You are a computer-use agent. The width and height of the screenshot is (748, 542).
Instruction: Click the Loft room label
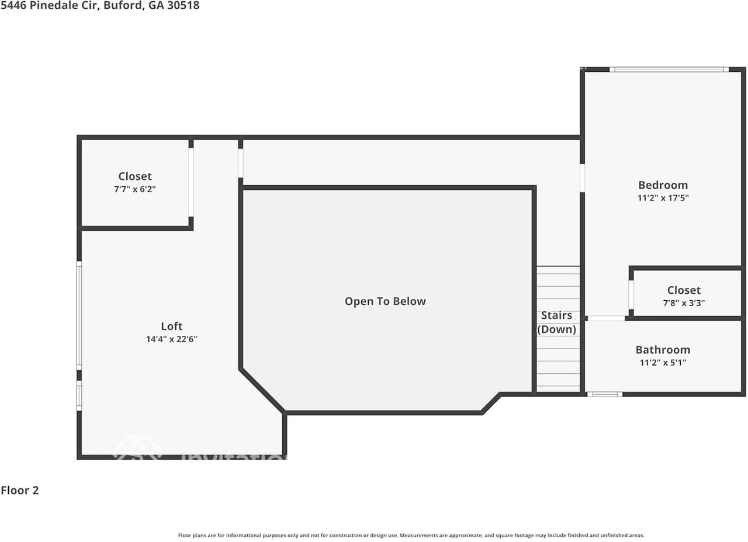pyautogui.click(x=171, y=326)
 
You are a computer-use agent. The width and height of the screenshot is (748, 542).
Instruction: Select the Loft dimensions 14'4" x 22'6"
pyautogui.click(x=171, y=339)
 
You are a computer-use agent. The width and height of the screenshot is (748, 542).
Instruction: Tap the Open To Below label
pyautogui.click(x=385, y=301)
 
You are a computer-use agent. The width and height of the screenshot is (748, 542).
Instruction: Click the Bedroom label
pyautogui.click(x=663, y=185)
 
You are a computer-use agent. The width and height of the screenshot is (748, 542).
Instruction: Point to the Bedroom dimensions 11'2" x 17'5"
pyautogui.click(x=663, y=198)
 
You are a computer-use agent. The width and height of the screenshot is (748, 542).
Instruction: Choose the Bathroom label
pyautogui.click(x=663, y=350)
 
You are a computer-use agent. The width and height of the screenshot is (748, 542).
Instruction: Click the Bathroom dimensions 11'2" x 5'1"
pyautogui.click(x=663, y=363)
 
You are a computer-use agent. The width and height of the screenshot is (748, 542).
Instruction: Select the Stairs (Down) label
pyautogui.click(x=556, y=322)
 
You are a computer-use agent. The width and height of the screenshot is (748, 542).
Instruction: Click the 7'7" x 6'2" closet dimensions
pyautogui.click(x=135, y=189)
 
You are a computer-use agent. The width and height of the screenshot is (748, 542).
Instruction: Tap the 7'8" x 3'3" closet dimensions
pyautogui.click(x=684, y=303)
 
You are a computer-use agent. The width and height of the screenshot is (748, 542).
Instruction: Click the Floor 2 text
pyautogui.click(x=20, y=491)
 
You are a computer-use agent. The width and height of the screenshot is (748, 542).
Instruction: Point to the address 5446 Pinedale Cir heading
pyautogui.click(x=99, y=6)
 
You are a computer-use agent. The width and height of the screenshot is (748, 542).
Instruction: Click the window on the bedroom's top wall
pyautogui.click(x=669, y=70)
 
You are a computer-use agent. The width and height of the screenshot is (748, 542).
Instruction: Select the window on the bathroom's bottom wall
pyautogui.click(x=604, y=394)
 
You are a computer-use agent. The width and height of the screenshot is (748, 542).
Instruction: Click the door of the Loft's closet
pyautogui.click(x=191, y=182)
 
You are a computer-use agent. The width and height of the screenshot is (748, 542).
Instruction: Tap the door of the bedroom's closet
pyautogui.click(x=631, y=295)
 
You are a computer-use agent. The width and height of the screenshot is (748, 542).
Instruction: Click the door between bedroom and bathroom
pyautogui.click(x=605, y=318)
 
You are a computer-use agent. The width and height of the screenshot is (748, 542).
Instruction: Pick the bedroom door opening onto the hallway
pyautogui.click(x=582, y=178)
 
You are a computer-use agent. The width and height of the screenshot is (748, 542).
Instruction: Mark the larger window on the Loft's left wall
pyautogui.click(x=79, y=315)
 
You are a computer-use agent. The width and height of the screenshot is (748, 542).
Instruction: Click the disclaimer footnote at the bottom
pyautogui.click(x=411, y=535)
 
